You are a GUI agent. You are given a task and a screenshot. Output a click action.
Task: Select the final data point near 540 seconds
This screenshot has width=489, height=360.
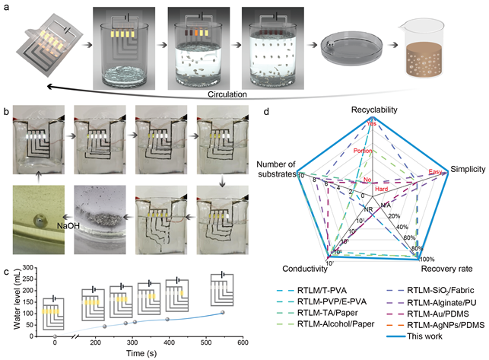click(223, 313)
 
